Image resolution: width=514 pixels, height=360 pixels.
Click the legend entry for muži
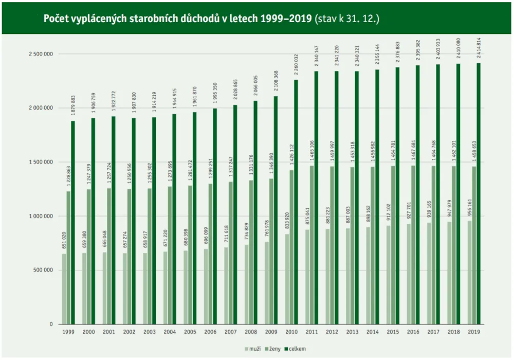(x=252, y=349)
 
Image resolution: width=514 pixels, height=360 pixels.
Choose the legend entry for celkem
(x=296, y=349)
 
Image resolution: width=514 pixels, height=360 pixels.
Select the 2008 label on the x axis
(x=251, y=332)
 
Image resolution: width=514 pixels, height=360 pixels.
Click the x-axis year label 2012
(x=332, y=332)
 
